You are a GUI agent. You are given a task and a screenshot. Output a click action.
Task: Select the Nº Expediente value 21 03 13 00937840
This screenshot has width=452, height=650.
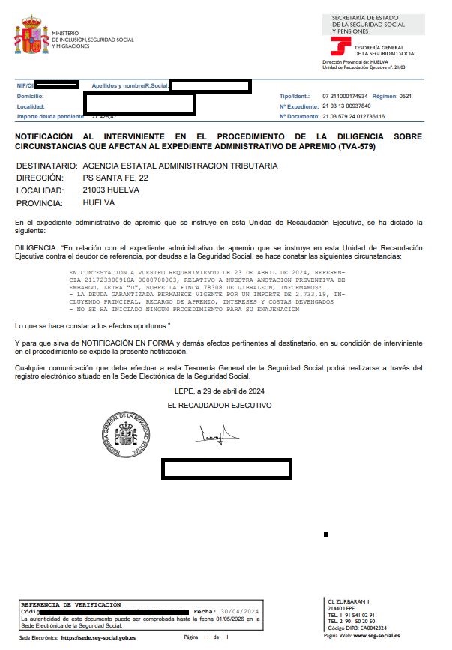[x=346, y=106]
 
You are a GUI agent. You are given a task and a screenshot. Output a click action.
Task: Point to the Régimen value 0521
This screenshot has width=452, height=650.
[x=405, y=97]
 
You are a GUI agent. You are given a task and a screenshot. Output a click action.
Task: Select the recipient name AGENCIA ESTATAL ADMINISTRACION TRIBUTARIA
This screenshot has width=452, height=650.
[x=180, y=166]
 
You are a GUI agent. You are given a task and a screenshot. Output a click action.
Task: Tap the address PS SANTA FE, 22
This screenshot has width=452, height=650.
[x=115, y=178]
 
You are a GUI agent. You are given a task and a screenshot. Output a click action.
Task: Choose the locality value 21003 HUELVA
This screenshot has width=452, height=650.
[x=111, y=190]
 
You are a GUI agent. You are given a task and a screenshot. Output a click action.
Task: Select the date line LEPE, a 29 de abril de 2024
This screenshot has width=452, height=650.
[x=219, y=391]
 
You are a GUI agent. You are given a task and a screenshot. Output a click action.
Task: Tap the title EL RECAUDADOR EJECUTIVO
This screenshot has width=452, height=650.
[x=219, y=405]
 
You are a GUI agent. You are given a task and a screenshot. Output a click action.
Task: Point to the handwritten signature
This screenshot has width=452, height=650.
[x=218, y=434]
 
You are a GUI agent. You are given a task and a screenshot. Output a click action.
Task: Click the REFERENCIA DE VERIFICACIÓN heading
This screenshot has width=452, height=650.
[x=70, y=604]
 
